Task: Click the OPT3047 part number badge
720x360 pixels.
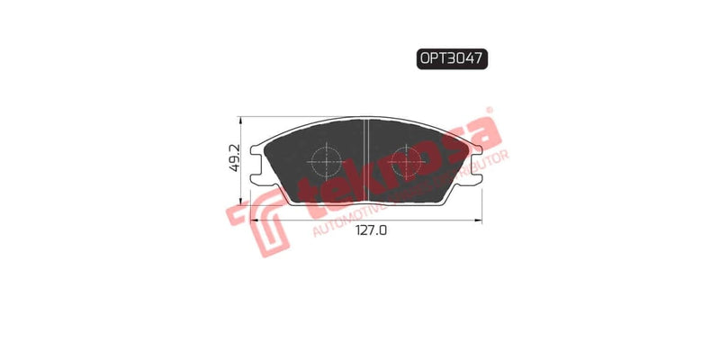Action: [x=451, y=59]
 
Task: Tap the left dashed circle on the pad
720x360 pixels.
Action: [x=322, y=163]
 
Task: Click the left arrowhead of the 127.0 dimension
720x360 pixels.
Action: [x=253, y=219]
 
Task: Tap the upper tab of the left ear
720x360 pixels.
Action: [x=260, y=152]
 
